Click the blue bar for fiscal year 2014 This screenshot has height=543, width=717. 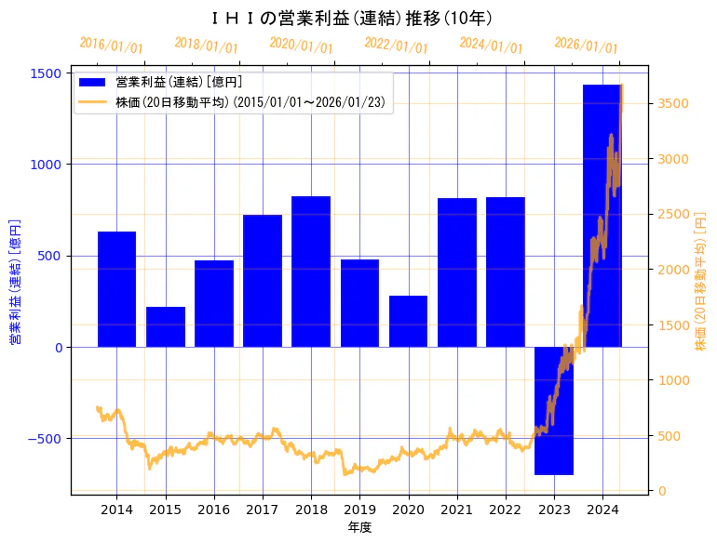pos(116,289)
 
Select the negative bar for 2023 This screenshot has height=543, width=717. pos(554,410)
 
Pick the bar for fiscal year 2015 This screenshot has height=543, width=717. pos(166,326)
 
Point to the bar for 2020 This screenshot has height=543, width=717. pos(408,321)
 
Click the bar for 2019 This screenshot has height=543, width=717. pos(359,303)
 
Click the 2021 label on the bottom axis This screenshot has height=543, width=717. pos(457,510)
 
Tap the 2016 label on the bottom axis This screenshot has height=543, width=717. pos(214,510)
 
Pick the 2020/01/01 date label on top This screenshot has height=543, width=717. pos(301,45)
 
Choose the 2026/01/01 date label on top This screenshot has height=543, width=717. pos(586,45)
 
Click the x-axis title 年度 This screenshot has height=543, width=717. pos(359,527)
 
